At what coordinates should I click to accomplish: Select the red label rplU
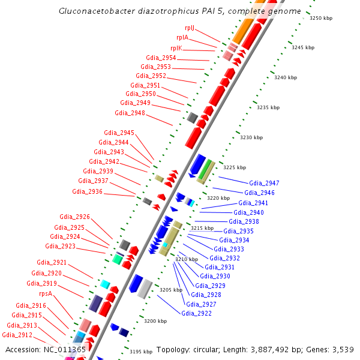pyautogui.click(x=190, y=28)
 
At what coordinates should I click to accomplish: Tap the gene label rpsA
pyautogui.click(x=46, y=294)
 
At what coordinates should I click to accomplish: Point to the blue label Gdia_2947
pyautogui.click(x=264, y=183)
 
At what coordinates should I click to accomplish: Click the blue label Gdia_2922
pyautogui.click(x=196, y=313)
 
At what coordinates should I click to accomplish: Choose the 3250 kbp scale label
pyautogui.click(x=320, y=18)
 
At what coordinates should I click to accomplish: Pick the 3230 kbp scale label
pyautogui.click(x=251, y=137)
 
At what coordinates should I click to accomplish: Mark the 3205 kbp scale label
pyautogui.click(x=170, y=290)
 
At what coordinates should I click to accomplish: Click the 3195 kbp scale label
pyautogui.click(x=141, y=352)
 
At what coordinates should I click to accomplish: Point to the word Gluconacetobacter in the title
pyautogui.click(x=94, y=11)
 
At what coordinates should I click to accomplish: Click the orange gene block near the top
pyautogui.click(x=243, y=31)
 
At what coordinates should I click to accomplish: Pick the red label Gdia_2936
pyautogui.click(x=87, y=191)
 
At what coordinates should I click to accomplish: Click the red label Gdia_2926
pyautogui.click(x=74, y=217)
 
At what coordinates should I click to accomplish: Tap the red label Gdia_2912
pyautogui.click(x=17, y=335)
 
